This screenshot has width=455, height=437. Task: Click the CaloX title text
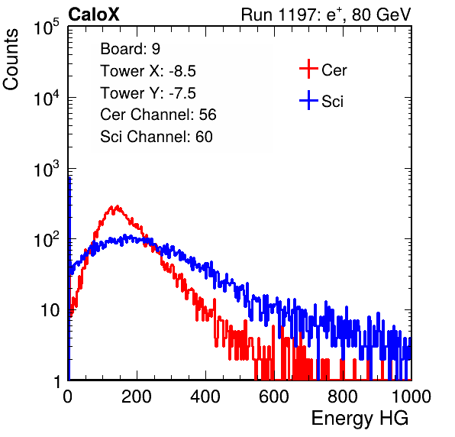click(x=93, y=15)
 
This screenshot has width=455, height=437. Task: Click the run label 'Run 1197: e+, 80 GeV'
click(x=326, y=15)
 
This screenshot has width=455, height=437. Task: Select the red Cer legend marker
click(x=308, y=69)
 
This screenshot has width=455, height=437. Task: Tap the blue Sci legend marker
click(x=308, y=101)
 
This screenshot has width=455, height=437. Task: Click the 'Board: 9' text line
click(x=130, y=49)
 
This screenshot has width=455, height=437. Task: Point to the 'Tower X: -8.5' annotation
click(x=148, y=71)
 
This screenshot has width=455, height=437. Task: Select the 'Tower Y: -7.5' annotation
click(x=148, y=93)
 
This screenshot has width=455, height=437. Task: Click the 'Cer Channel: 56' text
click(x=158, y=115)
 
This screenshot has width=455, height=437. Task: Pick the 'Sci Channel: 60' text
click(x=157, y=137)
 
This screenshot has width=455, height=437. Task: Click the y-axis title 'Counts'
click(x=11, y=60)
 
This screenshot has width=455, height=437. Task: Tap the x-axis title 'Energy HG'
click(x=360, y=419)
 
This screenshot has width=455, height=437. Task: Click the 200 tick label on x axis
click(x=137, y=397)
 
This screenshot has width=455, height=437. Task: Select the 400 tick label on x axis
click(x=205, y=397)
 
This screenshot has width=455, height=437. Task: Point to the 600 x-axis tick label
click(x=274, y=397)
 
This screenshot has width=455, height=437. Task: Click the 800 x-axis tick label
click(x=343, y=397)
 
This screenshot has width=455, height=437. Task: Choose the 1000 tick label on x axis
click(x=411, y=397)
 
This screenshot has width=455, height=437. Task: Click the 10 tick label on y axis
click(x=50, y=310)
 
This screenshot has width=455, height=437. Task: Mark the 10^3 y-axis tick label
click(x=47, y=168)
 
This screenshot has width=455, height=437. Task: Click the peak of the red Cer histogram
click(x=118, y=206)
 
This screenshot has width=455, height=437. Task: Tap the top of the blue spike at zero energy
click(x=69, y=177)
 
